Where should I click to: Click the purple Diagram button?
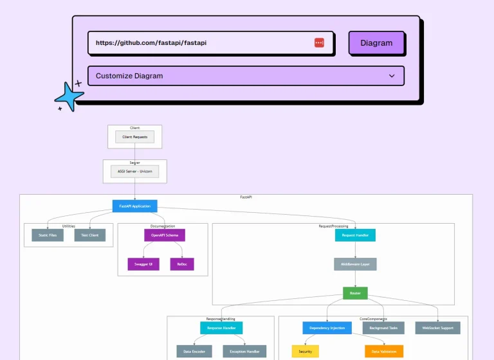pos(376,43)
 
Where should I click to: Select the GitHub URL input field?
pos(199,43)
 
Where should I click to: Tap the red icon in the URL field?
pos(319,43)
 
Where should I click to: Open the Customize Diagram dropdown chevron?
pos(392,76)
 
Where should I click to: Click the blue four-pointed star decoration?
pos(69,97)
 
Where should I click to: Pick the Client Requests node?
pos(135,137)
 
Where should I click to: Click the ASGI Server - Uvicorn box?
pos(134,172)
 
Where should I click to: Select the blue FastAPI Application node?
pos(134,206)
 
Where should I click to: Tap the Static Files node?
pos(48,235)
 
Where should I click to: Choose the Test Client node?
pos(90,235)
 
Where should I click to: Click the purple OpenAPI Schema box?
pos(164,235)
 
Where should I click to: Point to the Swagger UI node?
pos(143,264)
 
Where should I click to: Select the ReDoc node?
pos(182,264)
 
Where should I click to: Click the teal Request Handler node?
pos(355,235)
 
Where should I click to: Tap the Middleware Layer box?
pos(355,264)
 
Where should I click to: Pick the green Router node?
pos(355,293)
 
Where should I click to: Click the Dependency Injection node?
pos(327,328)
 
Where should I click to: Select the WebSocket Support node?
pos(437,328)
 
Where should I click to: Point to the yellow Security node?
pos(305,352)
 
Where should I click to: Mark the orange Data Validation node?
pos(384,352)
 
